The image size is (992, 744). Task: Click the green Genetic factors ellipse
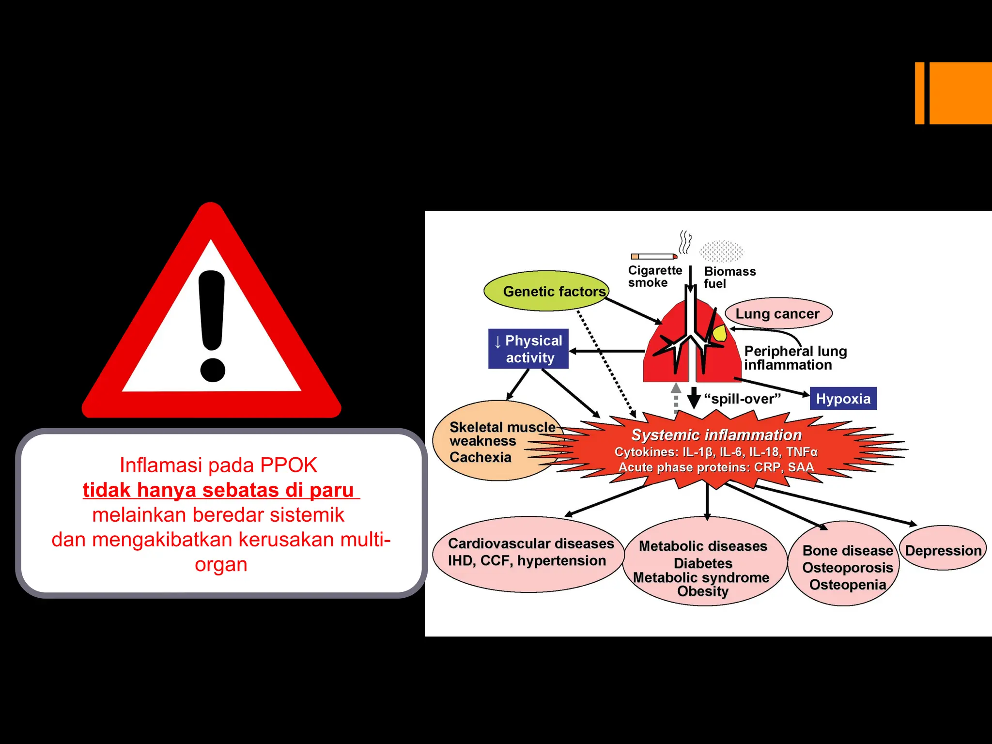pos(546,291)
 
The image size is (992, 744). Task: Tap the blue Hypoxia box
pos(843,399)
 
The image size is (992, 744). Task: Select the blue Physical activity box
pos(528,349)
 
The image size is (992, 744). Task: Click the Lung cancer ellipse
pos(778,313)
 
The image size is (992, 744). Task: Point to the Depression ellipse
pos(943,550)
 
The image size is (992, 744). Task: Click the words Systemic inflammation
pos(716,434)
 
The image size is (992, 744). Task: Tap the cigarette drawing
pos(653,256)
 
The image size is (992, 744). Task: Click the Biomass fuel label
pos(729,277)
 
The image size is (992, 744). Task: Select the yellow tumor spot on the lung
pos(720,334)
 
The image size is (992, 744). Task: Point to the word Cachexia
pos(480,457)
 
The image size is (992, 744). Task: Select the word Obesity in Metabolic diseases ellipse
pos(702,591)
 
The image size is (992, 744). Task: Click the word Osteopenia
pos(847,585)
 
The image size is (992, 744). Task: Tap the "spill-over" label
pos(742,399)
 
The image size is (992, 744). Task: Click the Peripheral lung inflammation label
pos(795,358)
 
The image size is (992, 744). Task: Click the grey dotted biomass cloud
pos(721,251)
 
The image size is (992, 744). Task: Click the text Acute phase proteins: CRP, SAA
pos(716,467)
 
